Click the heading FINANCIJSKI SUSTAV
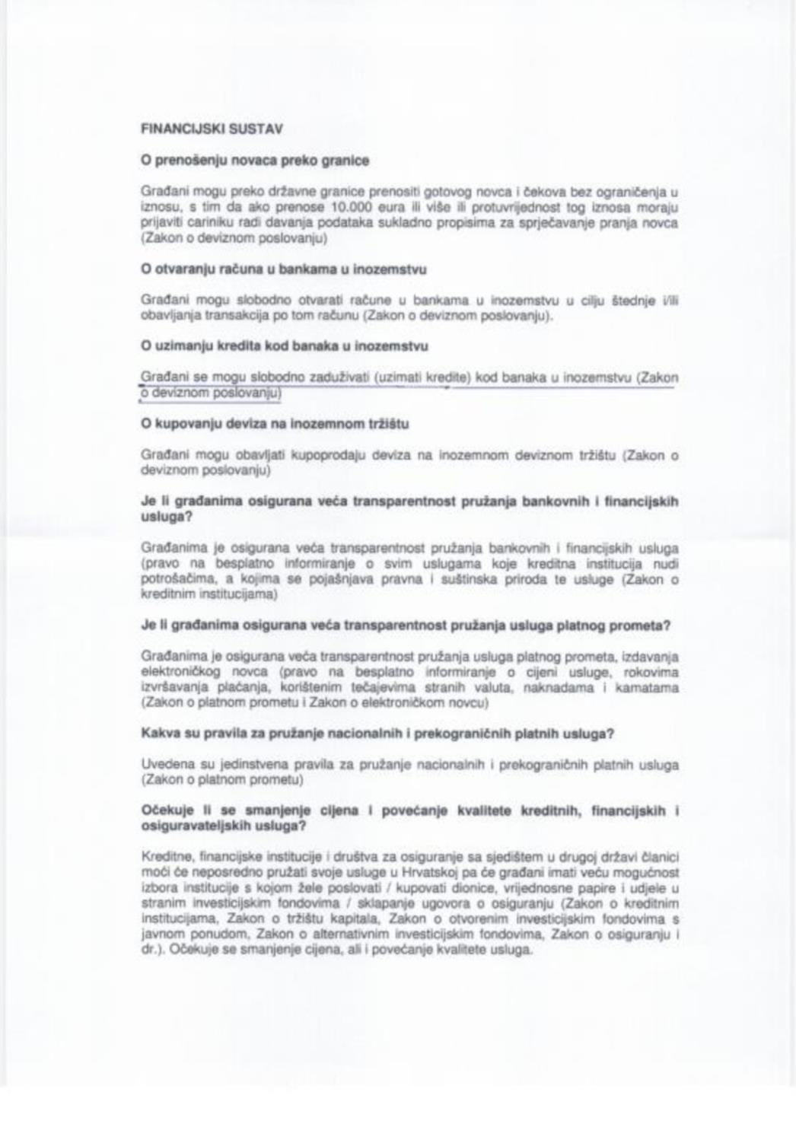212,129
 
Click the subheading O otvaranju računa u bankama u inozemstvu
284,269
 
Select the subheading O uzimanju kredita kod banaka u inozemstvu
285,346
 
